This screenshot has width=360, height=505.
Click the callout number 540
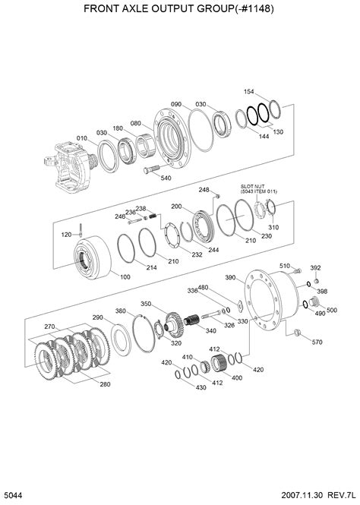click(x=166, y=178)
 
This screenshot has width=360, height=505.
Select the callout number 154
click(x=248, y=91)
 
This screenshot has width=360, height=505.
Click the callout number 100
click(x=125, y=277)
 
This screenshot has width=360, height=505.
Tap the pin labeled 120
click(x=81, y=230)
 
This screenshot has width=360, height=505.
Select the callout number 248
click(x=204, y=190)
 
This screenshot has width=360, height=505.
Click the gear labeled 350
click(x=174, y=324)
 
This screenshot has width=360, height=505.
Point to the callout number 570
click(x=317, y=342)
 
